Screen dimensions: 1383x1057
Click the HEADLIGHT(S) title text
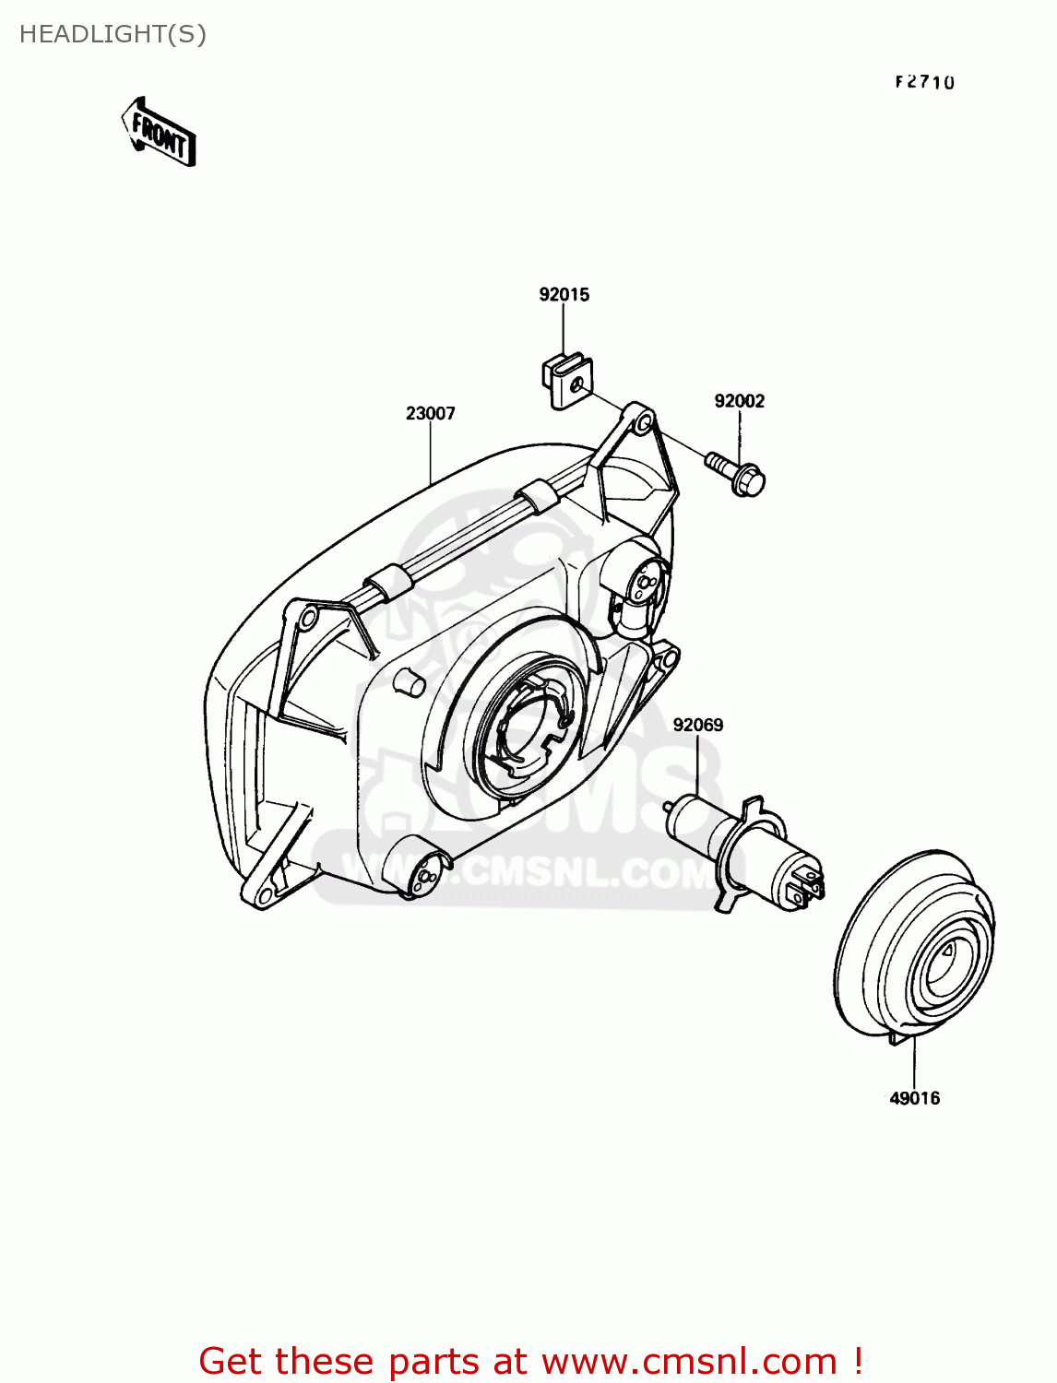pos(113,34)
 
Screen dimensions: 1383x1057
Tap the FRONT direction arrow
pos(159,133)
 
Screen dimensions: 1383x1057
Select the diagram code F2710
pos(924,82)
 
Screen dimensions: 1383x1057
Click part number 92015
pos(564,295)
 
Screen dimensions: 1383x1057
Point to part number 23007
pos(430,414)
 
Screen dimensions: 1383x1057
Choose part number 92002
pos(739,401)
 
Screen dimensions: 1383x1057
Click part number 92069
pos(697,726)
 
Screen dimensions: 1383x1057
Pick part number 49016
pos(914,1098)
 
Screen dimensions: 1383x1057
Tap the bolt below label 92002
pos(738,471)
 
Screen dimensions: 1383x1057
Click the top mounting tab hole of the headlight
pos(640,421)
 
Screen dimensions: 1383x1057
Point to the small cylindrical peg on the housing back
pos(409,683)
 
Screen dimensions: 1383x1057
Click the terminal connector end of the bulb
pos(807,881)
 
